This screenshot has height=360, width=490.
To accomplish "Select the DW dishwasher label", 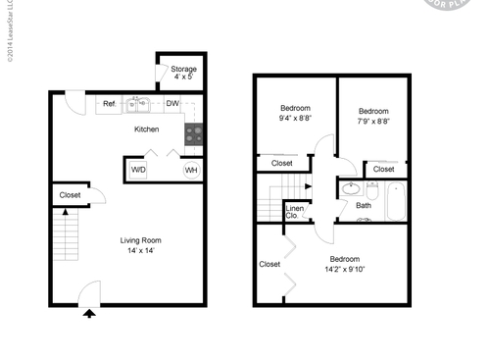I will pyautogui.click(x=171, y=103).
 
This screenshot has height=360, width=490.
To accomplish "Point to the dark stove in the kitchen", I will pyautogui.click(x=194, y=134).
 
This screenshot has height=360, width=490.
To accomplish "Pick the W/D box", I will pyautogui.click(x=138, y=170).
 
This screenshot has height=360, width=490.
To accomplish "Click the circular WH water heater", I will pyautogui.click(x=191, y=170).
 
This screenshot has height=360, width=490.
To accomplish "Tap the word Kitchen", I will pyautogui.click(x=147, y=129).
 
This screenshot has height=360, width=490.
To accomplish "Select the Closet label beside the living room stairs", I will pyautogui.click(x=70, y=195).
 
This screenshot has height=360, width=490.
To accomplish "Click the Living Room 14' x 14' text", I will pyautogui.click(x=140, y=245).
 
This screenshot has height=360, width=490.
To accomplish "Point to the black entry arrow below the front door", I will pyautogui.click(x=89, y=313).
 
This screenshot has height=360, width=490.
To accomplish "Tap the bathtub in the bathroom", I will pyautogui.click(x=394, y=202).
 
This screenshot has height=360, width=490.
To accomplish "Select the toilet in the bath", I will pyautogui.click(x=372, y=189).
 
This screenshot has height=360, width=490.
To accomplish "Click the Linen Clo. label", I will pyautogui.click(x=294, y=212).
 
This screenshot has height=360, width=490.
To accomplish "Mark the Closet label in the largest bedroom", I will pyautogui.click(x=269, y=264).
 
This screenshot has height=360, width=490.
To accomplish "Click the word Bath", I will pyautogui.click(x=363, y=206).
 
